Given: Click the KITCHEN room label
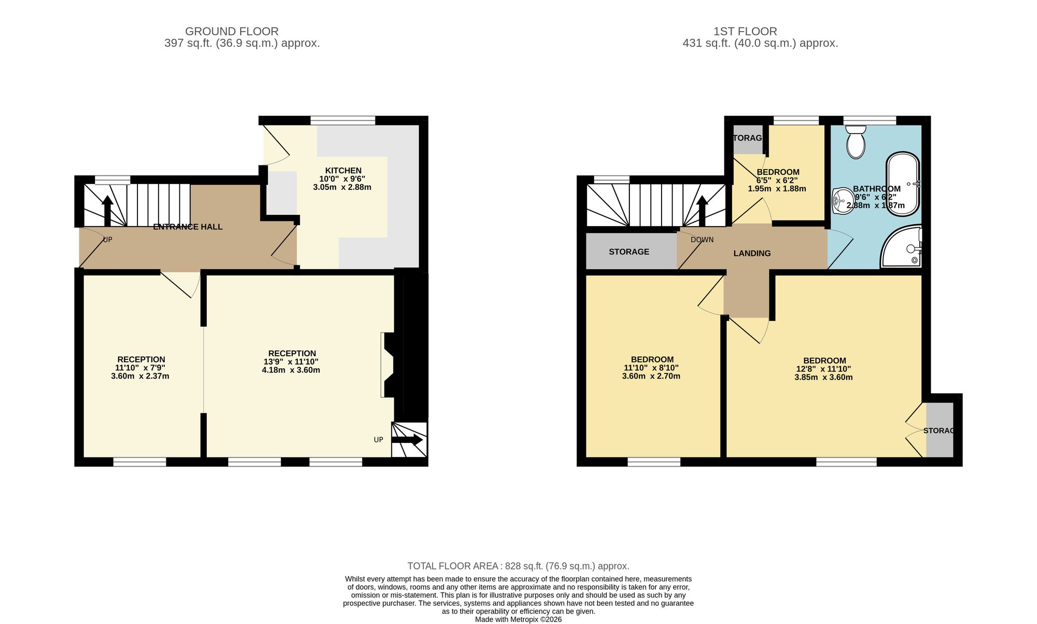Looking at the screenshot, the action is [343, 171].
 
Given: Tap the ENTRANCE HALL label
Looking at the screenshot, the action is [188, 227].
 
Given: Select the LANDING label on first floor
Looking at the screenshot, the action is [752, 253].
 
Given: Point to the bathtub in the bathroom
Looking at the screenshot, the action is [903, 184].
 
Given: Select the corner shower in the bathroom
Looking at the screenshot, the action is [901, 246].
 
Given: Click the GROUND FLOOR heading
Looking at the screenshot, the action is [232, 32].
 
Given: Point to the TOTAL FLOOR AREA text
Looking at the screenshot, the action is [518, 566].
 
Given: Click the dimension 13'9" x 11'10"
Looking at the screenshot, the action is [291, 362].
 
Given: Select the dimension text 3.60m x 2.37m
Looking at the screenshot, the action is [140, 376].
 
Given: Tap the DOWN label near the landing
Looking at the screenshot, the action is [702, 240].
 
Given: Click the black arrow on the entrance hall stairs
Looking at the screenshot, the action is [107, 211].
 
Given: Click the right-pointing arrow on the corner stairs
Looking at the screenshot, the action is [407, 440].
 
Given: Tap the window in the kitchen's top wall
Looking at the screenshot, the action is [343, 121].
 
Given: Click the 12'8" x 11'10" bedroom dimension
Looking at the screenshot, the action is [823, 369].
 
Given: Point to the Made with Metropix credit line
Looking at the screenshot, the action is [518, 619].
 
